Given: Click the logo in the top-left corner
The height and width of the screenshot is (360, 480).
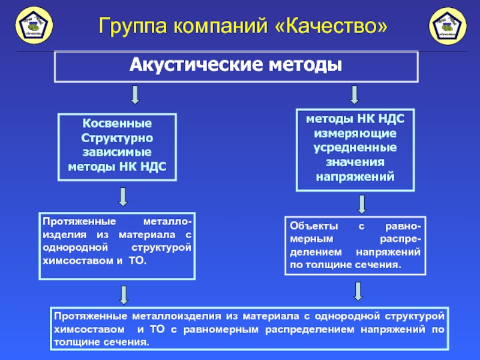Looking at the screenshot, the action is pos(33,26).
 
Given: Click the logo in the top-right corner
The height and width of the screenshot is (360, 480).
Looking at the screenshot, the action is pos(447,26).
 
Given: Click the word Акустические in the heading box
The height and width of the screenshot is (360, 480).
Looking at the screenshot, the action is pos(197,64).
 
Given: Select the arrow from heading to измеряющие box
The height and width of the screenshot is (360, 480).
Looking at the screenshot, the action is pos(354,94).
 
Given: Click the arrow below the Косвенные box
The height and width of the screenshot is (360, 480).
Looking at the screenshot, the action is pos(123,196).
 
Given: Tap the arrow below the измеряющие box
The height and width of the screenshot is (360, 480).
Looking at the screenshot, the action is pos(361,204).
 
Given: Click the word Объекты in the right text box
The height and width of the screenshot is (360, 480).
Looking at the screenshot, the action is pos(310,226).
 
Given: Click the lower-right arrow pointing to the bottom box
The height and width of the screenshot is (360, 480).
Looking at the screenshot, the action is pos(358,291).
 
